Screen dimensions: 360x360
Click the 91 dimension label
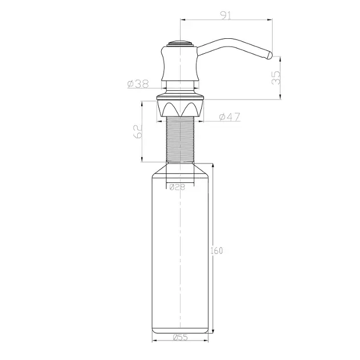pyautogui.click(x=226, y=15)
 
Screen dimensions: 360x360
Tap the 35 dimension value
pyautogui.click(x=276, y=78)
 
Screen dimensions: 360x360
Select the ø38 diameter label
pyautogui.click(x=138, y=84)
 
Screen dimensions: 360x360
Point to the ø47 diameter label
pyautogui.click(x=230, y=117)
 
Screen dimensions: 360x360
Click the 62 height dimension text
pyautogui.click(x=138, y=131)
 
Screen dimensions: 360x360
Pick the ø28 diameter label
pyautogui.click(x=177, y=187)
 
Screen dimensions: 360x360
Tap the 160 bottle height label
pyautogui.click(x=217, y=251)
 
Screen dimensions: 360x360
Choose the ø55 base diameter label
pyautogui.click(x=180, y=337)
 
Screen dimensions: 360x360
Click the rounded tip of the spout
pyautogui.click(x=269, y=55)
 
